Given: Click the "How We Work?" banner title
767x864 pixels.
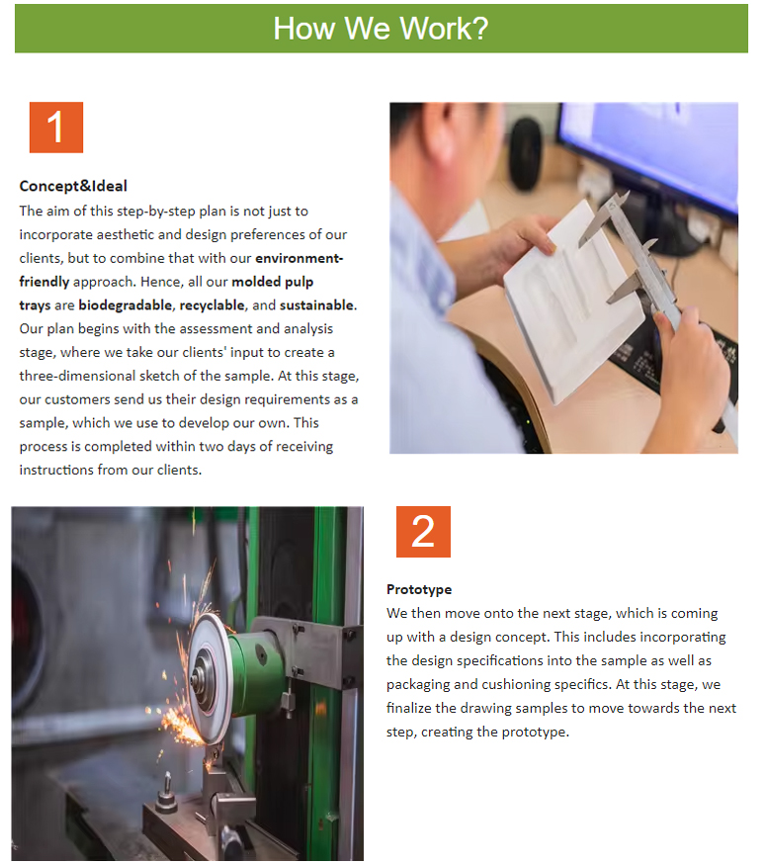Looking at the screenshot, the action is (x=381, y=29).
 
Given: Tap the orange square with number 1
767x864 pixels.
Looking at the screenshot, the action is (x=56, y=128).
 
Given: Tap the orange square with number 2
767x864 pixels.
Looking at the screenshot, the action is (x=423, y=532).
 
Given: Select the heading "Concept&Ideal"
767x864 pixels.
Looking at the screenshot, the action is (x=73, y=186).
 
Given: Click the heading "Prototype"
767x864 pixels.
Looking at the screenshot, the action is (x=419, y=589).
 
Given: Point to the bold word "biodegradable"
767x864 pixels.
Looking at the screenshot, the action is (x=127, y=305).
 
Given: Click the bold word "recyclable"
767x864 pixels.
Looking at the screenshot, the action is (x=213, y=305).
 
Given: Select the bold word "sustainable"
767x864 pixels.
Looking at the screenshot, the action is (x=317, y=305).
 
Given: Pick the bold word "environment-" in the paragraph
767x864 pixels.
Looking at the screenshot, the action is (x=299, y=258).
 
